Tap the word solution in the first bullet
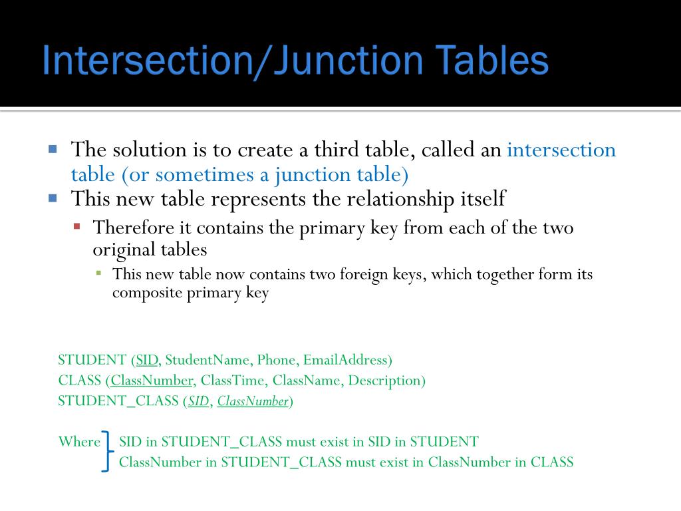coord(146,150)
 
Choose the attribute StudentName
coord(207,360)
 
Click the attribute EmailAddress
coord(345,360)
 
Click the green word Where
coord(78,441)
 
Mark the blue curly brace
coord(106,451)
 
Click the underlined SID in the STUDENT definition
coord(147,360)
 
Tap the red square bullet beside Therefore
coord(76,226)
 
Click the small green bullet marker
coord(98,273)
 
